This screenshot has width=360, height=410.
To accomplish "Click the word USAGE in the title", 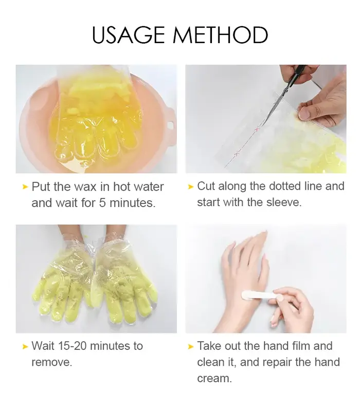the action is [x=129, y=35].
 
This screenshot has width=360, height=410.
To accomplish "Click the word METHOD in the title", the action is [x=221, y=35].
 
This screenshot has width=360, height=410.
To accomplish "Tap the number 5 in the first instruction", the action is [x=102, y=202].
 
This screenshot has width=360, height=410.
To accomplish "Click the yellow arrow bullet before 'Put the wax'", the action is [x=25, y=187].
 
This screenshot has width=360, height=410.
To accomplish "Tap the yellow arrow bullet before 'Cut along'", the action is [x=191, y=187].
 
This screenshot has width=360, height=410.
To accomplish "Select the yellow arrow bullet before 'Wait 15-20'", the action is [x=25, y=347].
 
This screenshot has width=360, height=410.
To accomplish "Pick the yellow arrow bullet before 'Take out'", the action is [x=191, y=347].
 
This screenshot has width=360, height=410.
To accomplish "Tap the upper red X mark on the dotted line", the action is [x=257, y=129].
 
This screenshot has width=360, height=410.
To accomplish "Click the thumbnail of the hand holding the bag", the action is [x=304, y=114].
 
